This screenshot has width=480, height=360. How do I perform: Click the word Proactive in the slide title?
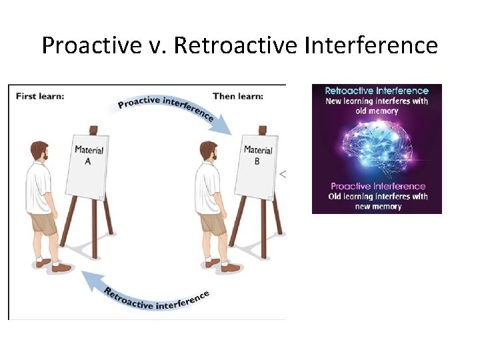click(89, 45)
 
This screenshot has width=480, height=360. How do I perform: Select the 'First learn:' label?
click(40, 96)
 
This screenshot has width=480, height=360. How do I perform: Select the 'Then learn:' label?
click(238, 96)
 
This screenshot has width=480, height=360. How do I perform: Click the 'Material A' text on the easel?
click(88, 155)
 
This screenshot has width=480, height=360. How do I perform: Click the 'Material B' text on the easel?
click(257, 155)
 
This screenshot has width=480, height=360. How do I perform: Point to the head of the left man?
click(39, 152)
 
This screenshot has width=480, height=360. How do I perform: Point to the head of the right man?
click(208, 152)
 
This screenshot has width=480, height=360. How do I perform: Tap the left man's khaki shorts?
click(44, 222)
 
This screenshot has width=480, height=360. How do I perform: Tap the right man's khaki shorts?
click(213, 222)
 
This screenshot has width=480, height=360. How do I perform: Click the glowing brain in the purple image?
click(377, 148)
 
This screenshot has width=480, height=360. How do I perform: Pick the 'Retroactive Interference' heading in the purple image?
click(377, 91)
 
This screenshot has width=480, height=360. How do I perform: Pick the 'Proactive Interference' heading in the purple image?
click(377, 186)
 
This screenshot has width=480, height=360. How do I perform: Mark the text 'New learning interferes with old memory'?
click(377, 106)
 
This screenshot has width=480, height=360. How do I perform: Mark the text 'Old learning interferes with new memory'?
click(377, 201)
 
